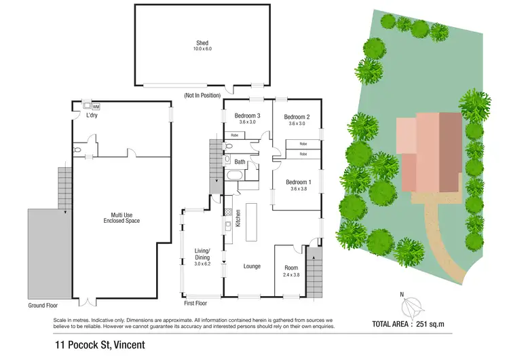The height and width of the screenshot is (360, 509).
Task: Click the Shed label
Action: [202, 43]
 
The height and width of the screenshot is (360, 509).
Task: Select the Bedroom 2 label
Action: [297, 116]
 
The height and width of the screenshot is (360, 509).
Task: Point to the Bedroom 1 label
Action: [299, 182]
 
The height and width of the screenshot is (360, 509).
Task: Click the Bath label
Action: [240, 162]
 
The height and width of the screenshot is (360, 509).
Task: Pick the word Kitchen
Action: [238, 219]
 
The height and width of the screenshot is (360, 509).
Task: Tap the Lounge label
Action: [252, 266]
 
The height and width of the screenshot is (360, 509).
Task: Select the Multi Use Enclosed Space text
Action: [121, 217]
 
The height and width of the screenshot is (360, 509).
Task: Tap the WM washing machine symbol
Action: [96, 107]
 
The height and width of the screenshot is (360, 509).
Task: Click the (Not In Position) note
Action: [202, 96]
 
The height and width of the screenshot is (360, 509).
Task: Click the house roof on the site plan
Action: [430, 151]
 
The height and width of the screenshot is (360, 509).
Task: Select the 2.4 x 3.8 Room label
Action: [290, 272]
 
